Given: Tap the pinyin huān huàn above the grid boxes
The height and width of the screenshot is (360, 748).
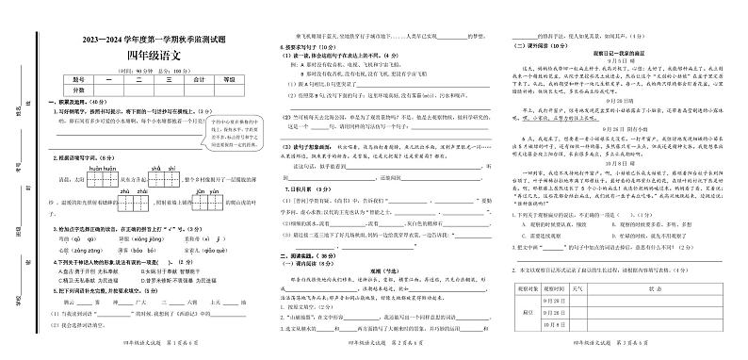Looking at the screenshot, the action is (x=103, y=167).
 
